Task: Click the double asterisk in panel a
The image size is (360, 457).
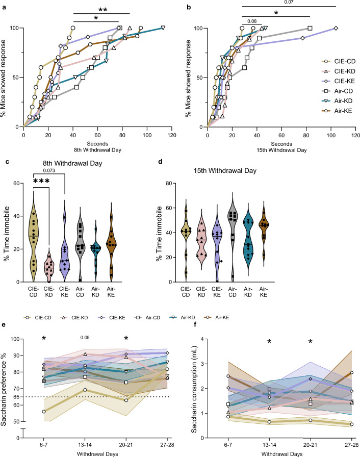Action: pos(102,9)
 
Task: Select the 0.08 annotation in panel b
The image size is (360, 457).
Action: pos(252,21)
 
